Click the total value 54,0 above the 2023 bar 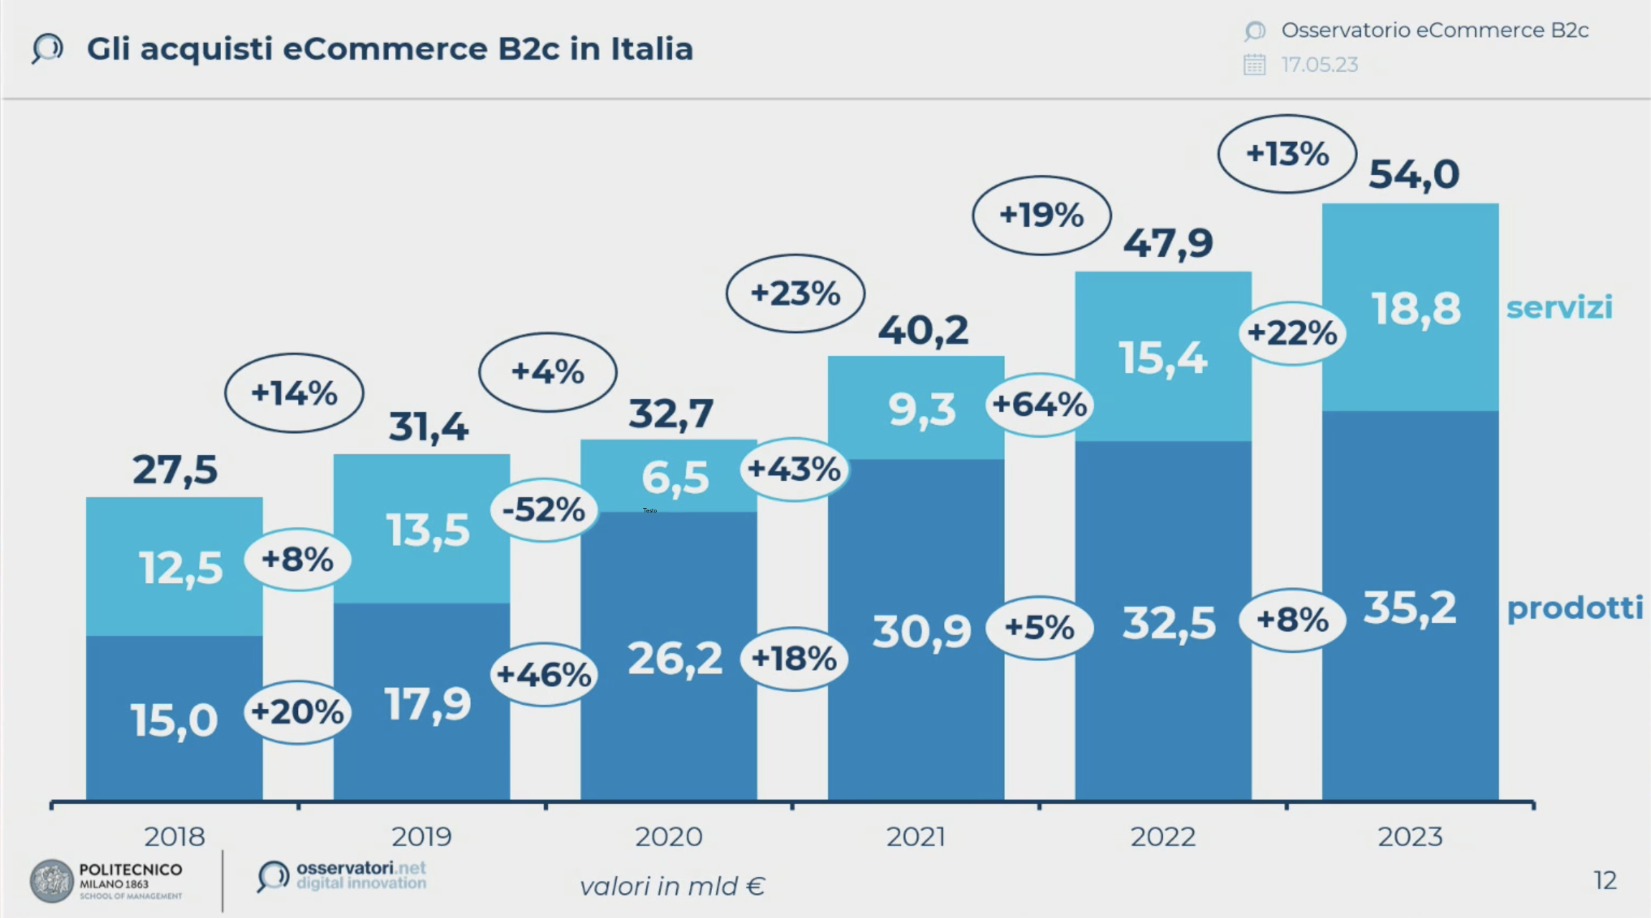click(x=1413, y=174)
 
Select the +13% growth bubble click(x=1287, y=154)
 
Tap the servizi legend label click(x=1559, y=307)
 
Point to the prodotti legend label click(x=1575, y=608)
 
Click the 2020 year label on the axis click(x=668, y=837)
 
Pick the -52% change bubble click(x=543, y=510)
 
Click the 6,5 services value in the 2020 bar click(x=675, y=477)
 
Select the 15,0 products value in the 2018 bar click(x=174, y=720)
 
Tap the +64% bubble click(x=1039, y=405)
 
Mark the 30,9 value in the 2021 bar click(x=922, y=632)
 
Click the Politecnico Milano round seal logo click(x=52, y=881)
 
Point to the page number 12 click(x=1605, y=880)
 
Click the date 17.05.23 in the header click(x=1319, y=65)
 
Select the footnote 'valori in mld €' click(x=672, y=886)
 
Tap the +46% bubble click(x=543, y=674)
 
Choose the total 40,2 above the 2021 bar click(x=923, y=330)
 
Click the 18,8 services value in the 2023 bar click(x=1416, y=309)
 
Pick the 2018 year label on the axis click(x=174, y=837)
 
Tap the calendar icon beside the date click(x=1254, y=65)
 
